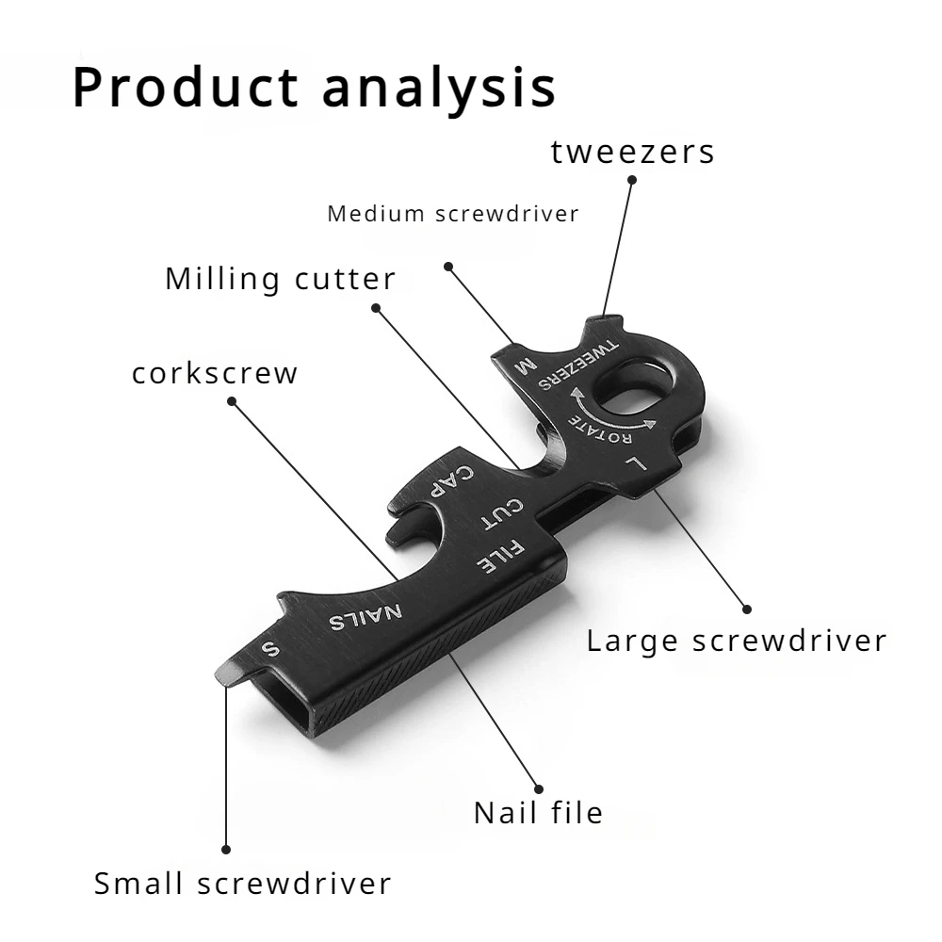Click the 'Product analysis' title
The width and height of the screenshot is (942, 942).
pos(314,88)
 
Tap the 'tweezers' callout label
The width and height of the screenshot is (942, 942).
pos(633,152)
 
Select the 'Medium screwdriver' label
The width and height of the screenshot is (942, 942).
pos(452,214)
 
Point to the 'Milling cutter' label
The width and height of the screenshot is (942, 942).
pos(281,279)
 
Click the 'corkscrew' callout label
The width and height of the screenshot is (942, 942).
pos(215,373)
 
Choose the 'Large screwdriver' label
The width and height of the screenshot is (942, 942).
pos(737,642)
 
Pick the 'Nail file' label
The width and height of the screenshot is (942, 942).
pos(538,812)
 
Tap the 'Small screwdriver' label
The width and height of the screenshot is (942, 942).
pos(242,884)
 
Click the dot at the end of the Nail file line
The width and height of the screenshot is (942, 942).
pos(539,789)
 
